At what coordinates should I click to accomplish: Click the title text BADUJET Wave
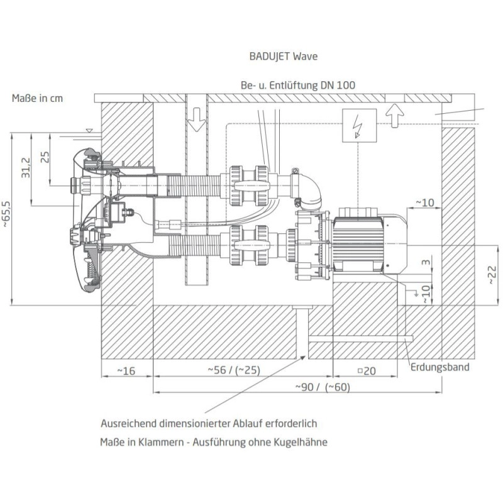(284, 57)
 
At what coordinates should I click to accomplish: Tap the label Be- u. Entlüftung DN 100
(298, 86)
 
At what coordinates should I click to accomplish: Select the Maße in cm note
(37, 98)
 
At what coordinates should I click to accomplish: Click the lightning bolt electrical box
(359, 125)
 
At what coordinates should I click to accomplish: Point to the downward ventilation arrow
(196, 119)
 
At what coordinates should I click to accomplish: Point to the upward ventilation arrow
(394, 116)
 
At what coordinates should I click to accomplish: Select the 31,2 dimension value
(26, 168)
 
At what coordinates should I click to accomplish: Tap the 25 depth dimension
(45, 157)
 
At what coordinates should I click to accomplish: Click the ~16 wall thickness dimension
(126, 371)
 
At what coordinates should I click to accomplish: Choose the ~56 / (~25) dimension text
(234, 370)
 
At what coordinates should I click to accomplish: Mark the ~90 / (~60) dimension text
(323, 387)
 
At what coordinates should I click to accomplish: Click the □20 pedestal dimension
(367, 371)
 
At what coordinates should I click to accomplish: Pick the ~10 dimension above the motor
(425, 202)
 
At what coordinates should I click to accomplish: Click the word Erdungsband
(439, 367)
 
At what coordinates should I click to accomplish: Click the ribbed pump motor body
(358, 243)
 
